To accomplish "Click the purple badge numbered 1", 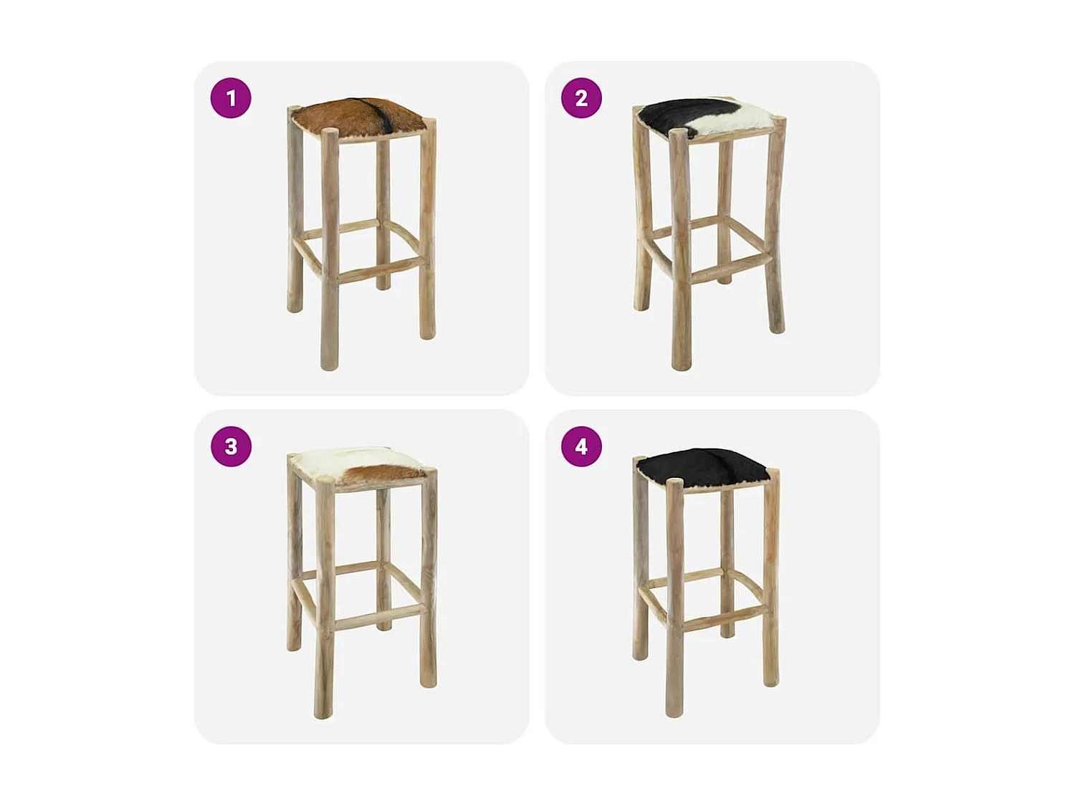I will pyautogui.click(x=231, y=98).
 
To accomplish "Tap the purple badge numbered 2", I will pyautogui.click(x=581, y=98).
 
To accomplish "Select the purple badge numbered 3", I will pyautogui.click(x=231, y=446).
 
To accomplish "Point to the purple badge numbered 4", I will pyautogui.click(x=581, y=446).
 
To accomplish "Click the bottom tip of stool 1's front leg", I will pyautogui.click(x=330, y=365).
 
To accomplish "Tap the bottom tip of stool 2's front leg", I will pyautogui.click(x=681, y=365).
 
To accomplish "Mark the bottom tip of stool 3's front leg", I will pyautogui.click(x=324, y=714).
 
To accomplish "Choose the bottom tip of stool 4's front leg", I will pyautogui.click(x=674, y=712).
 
